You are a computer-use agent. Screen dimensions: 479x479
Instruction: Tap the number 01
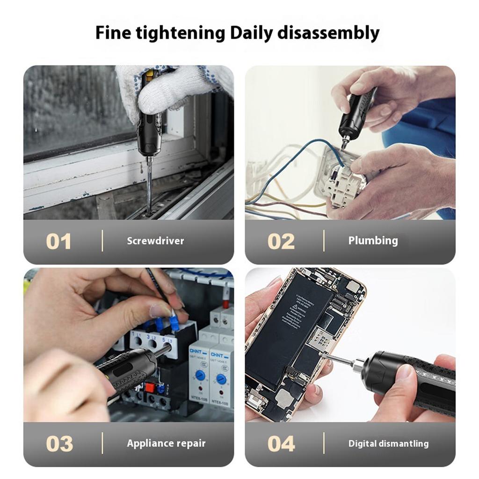(x=58, y=241)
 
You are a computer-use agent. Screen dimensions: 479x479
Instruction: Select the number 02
(x=281, y=241)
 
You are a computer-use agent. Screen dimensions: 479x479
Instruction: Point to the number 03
(x=59, y=443)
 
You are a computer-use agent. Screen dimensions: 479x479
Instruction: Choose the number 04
(x=281, y=443)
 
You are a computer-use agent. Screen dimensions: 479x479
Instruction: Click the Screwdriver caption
(x=155, y=241)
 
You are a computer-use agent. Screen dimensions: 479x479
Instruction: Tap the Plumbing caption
(x=373, y=240)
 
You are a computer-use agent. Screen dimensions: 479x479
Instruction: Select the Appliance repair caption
(x=166, y=443)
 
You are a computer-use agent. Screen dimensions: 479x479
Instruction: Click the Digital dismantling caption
(x=388, y=443)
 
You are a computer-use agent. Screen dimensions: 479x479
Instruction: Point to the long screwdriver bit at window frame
(x=149, y=187)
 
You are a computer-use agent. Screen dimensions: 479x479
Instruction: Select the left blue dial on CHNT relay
(x=200, y=375)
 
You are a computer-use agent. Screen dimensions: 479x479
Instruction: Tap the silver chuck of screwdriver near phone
(x=358, y=365)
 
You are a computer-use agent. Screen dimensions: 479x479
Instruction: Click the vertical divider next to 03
(x=102, y=443)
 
